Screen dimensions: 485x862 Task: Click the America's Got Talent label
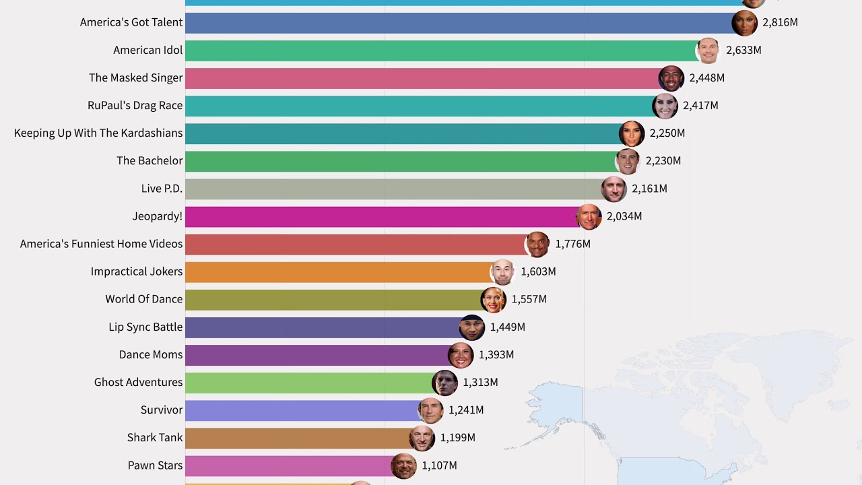(131, 22)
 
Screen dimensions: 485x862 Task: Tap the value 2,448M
(706, 78)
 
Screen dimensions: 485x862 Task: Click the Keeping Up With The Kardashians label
(98, 133)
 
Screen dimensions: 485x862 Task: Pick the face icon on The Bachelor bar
(628, 161)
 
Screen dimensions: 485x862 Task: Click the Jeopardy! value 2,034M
(624, 216)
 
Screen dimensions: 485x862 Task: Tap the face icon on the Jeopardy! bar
(589, 217)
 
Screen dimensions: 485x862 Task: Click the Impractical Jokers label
(137, 271)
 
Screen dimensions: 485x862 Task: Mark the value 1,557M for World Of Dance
(529, 299)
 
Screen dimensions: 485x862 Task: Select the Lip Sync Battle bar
(323, 327)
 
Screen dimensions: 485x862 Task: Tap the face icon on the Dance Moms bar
(461, 355)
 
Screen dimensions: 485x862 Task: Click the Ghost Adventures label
(138, 382)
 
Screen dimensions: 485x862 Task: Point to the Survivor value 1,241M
(466, 410)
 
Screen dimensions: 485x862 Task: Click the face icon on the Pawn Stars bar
(403, 465)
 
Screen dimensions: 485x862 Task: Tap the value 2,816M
(780, 23)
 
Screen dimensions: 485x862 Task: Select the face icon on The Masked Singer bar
(671, 78)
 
